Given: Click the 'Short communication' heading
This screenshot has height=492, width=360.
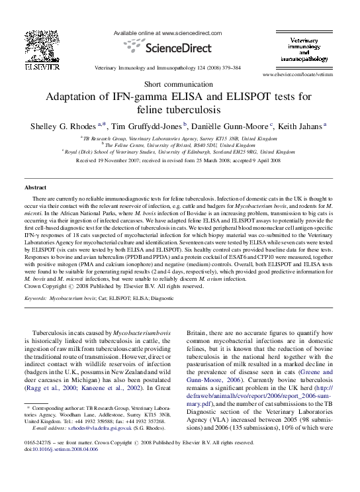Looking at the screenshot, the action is pos(179,85).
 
